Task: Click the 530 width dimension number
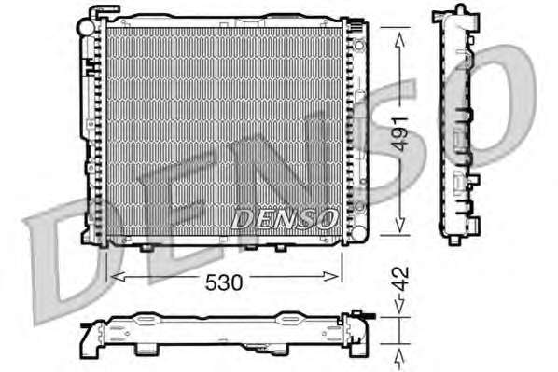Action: coord(224,282)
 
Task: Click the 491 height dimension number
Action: coord(402,133)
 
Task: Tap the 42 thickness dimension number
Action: coord(402,279)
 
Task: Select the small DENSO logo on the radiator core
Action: coord(285,219)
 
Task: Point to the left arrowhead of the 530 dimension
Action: coord(119,276)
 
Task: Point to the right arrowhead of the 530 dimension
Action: coord(331,276)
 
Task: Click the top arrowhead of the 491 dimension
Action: coord(400,40)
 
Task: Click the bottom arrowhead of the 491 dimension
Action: coord(400,224)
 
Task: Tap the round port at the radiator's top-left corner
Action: coord(86,27)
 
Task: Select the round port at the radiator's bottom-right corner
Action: coord(358,233)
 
